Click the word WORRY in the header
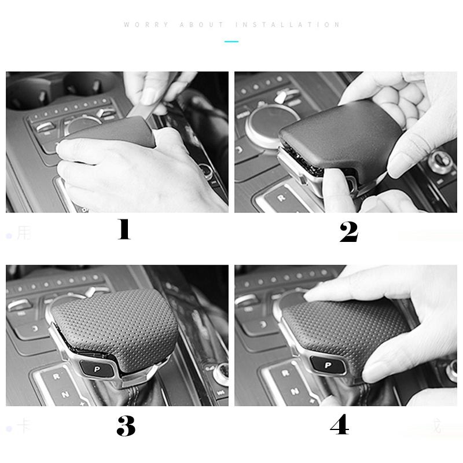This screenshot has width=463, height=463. (146, 25)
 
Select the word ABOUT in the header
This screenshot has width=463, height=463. (202, 25)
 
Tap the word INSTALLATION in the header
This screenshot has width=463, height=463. (288, 25)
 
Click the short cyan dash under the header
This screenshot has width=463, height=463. (231, 42)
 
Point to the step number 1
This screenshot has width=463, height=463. (124, 230)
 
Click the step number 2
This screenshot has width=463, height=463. (348, 231)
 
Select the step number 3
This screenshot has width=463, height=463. (126, 426)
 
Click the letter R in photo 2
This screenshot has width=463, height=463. (281, 198)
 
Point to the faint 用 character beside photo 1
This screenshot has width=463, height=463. (23, 233)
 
